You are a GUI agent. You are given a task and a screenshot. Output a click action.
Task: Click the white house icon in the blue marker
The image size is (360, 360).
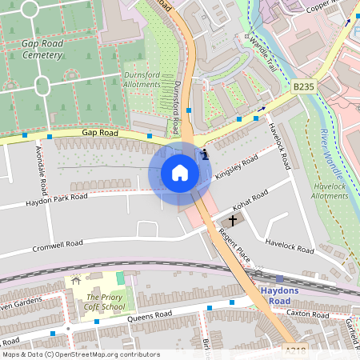coord(180,172)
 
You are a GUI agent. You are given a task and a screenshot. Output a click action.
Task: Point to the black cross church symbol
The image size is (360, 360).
coord(234,219)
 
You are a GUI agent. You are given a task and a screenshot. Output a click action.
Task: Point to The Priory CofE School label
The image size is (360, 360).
coord(106,302)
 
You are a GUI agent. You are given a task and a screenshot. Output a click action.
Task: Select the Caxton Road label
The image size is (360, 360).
coord(307,314)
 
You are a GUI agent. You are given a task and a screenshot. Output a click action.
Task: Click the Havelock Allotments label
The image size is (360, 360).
coord(329,190)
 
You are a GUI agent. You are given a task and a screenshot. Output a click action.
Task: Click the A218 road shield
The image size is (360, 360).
coord(295,350)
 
